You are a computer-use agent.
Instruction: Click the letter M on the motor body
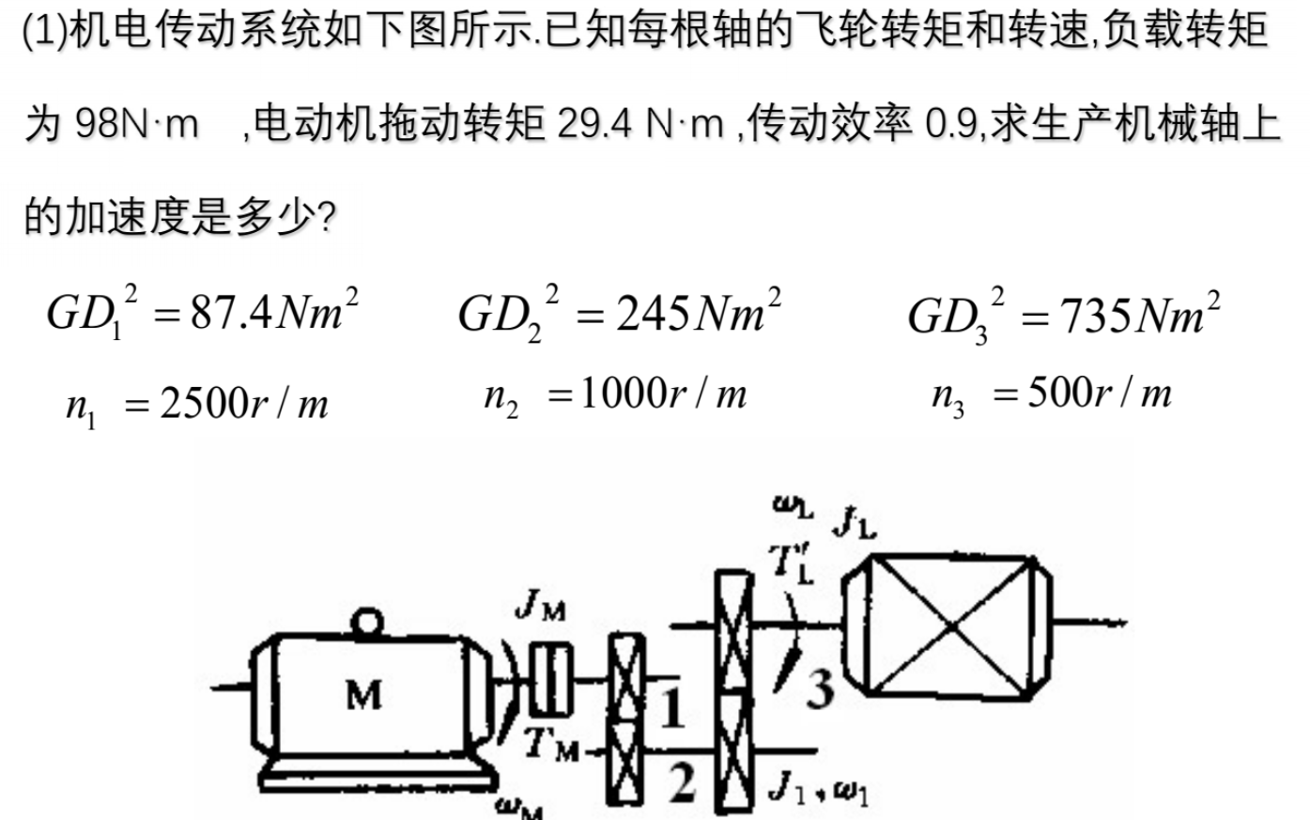coord(364,695)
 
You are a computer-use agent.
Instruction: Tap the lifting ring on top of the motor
coord(367,621)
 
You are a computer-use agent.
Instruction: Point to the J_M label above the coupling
coord(541,609)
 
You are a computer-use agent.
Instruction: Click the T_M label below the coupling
coord(552,744)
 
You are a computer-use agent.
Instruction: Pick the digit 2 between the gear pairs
coord(684,781)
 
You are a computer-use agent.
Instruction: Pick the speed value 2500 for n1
coord(204,404)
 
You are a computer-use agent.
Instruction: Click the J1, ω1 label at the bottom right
coord(819,791)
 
